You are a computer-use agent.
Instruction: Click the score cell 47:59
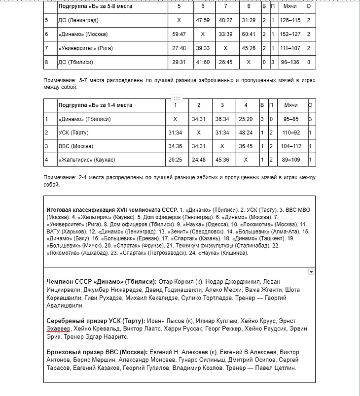point(203,20)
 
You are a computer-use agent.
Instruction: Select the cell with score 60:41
point(249,34)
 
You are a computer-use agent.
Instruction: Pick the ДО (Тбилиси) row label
point(75,63)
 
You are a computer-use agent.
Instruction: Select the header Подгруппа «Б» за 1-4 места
point(95,105)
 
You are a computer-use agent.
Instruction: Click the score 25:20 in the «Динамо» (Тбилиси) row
point(245,119)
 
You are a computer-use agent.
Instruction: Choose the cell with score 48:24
point(245,132)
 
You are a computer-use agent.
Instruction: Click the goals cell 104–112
point(290,146)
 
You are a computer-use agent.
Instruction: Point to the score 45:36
point(222,160)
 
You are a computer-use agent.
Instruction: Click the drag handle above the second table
point(177,98)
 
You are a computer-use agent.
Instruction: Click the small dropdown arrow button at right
point(311,271)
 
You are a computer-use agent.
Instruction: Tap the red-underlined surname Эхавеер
point(59,329)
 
